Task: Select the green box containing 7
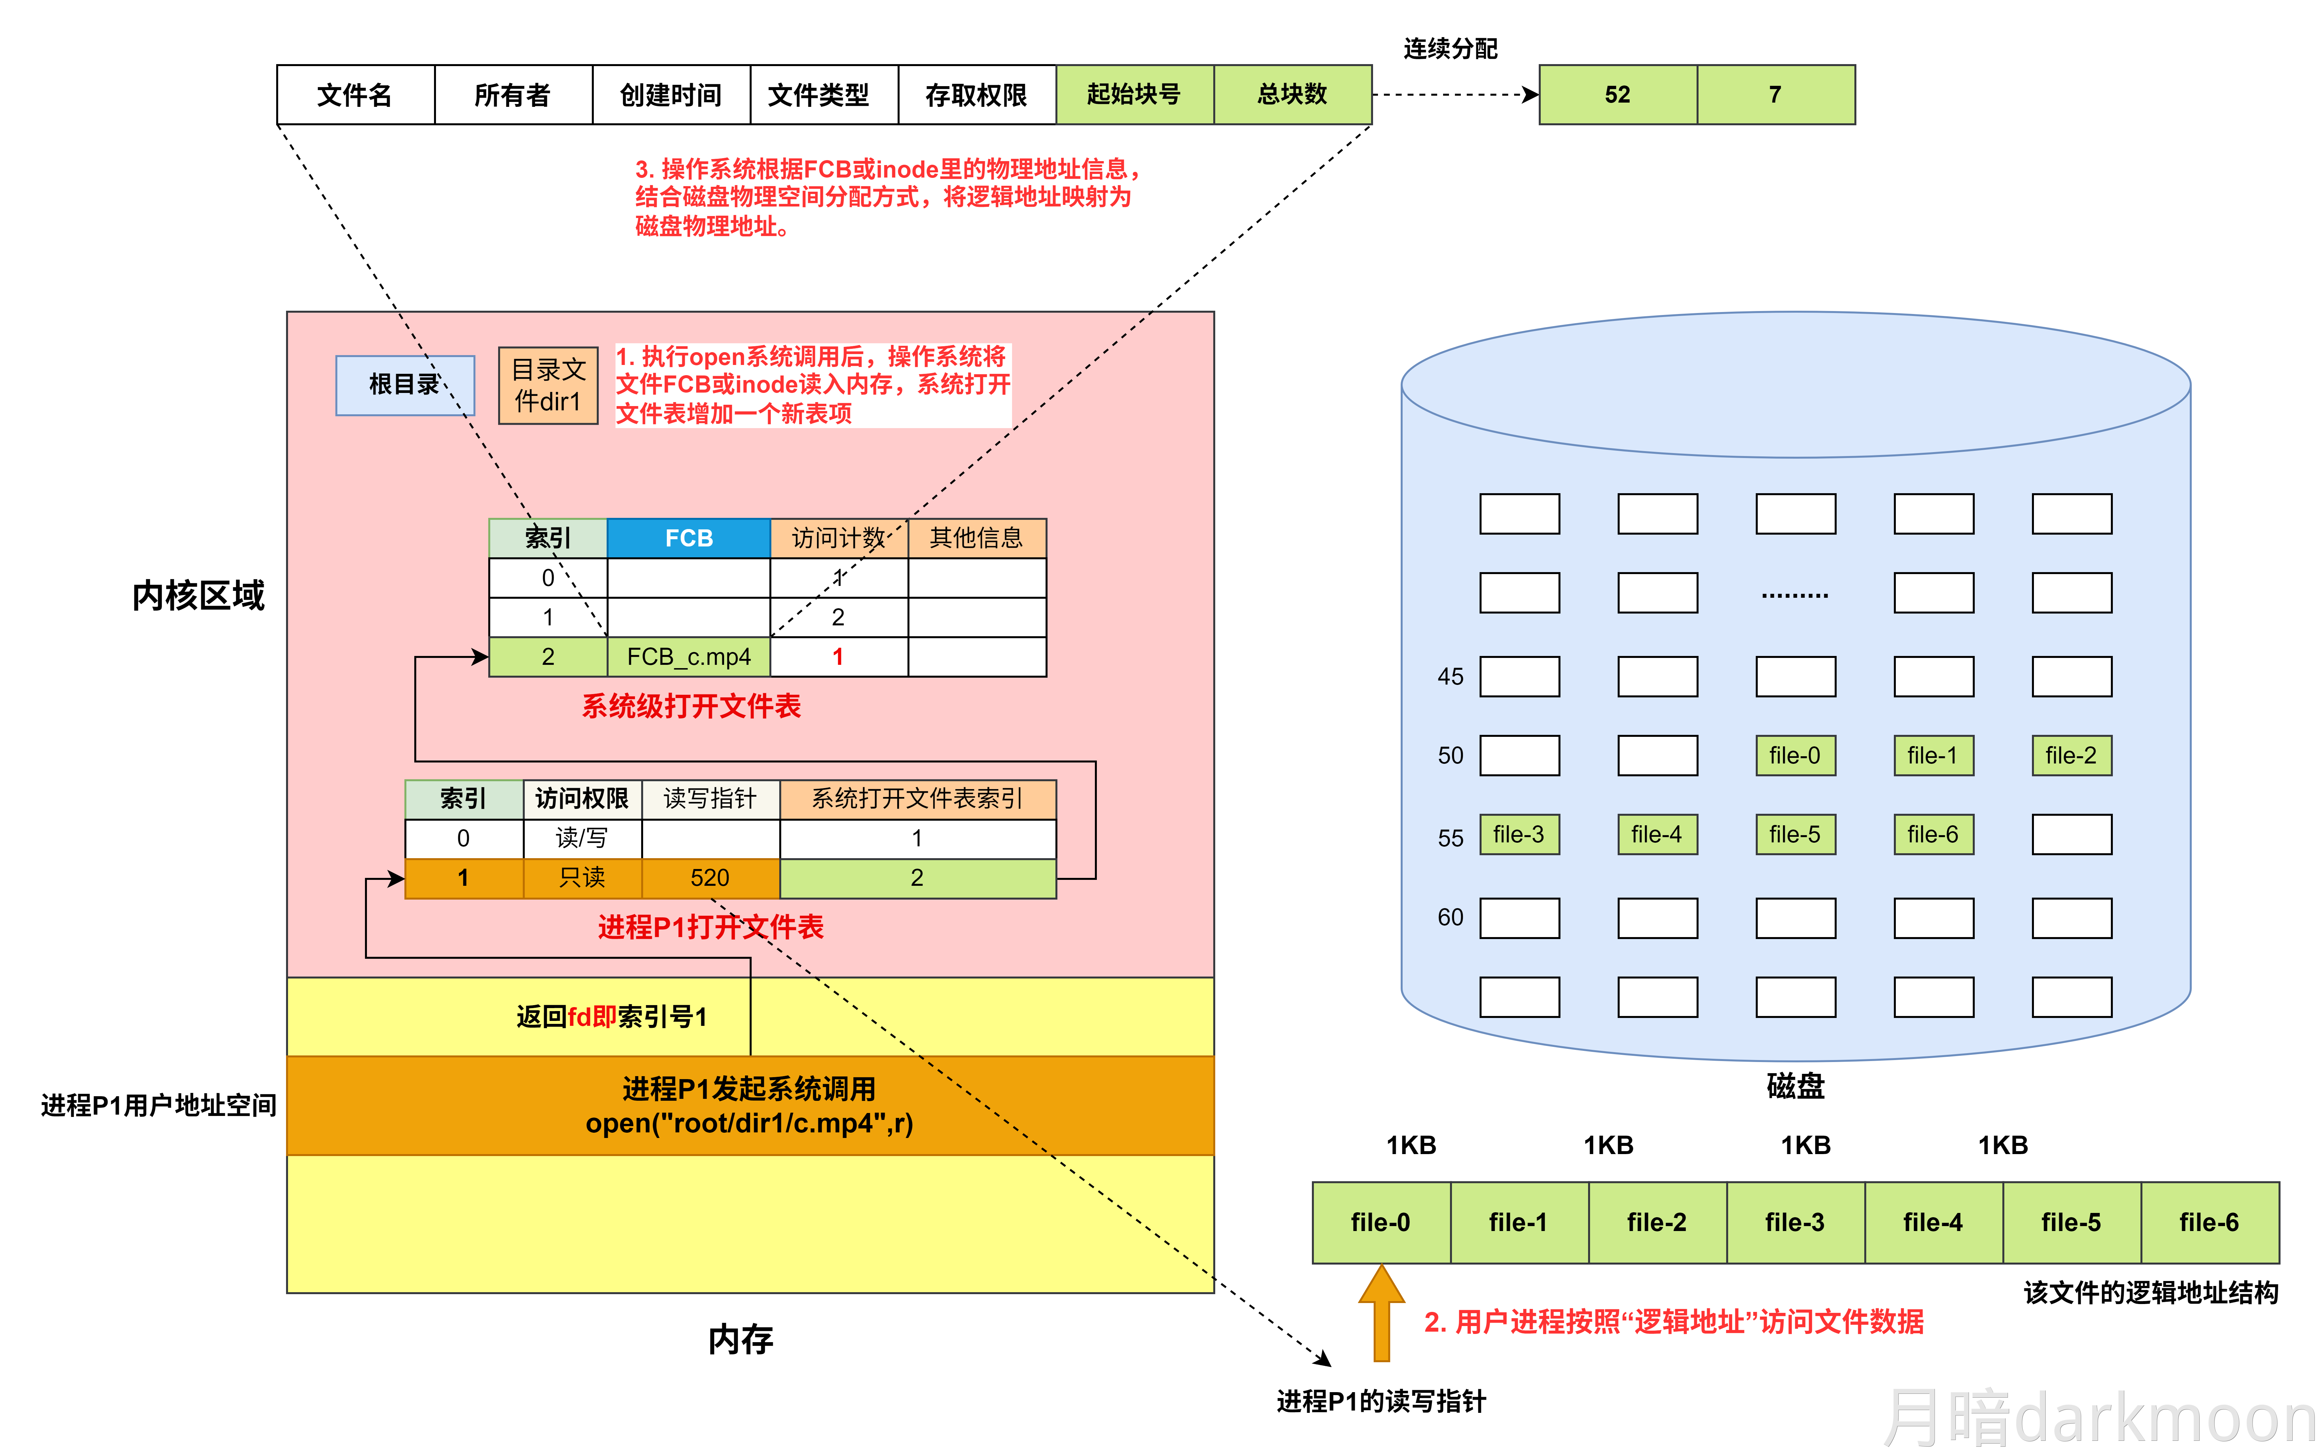1775,95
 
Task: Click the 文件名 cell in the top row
355,95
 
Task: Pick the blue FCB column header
688,538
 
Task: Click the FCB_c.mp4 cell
688,657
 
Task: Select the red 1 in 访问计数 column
838,657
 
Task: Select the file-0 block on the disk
1794,756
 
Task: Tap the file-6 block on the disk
1932,834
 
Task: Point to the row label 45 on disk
1450,677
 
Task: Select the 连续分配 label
1450,49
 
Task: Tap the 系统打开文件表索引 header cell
917,799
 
